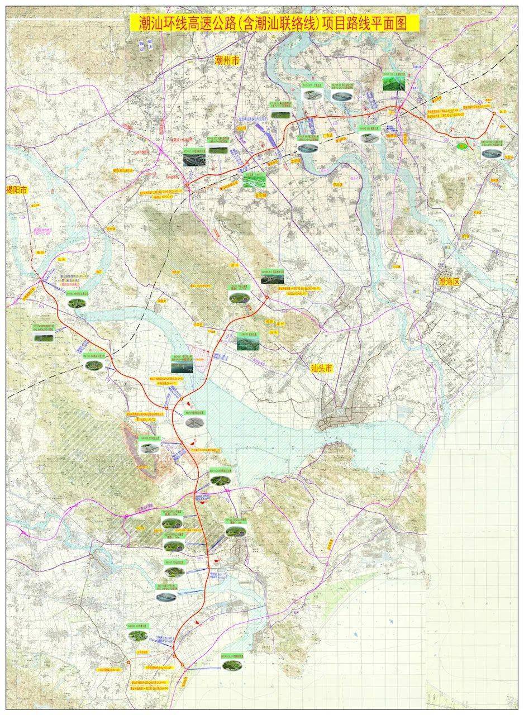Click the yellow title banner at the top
coord(274,23)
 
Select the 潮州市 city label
coord(227,61)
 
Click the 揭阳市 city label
coord(17,190)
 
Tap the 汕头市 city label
coord(322,369)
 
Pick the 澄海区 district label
coord(449,282)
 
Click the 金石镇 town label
coord(261,196)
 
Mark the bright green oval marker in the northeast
coord(462,146)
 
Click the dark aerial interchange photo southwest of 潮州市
coord(194,159)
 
